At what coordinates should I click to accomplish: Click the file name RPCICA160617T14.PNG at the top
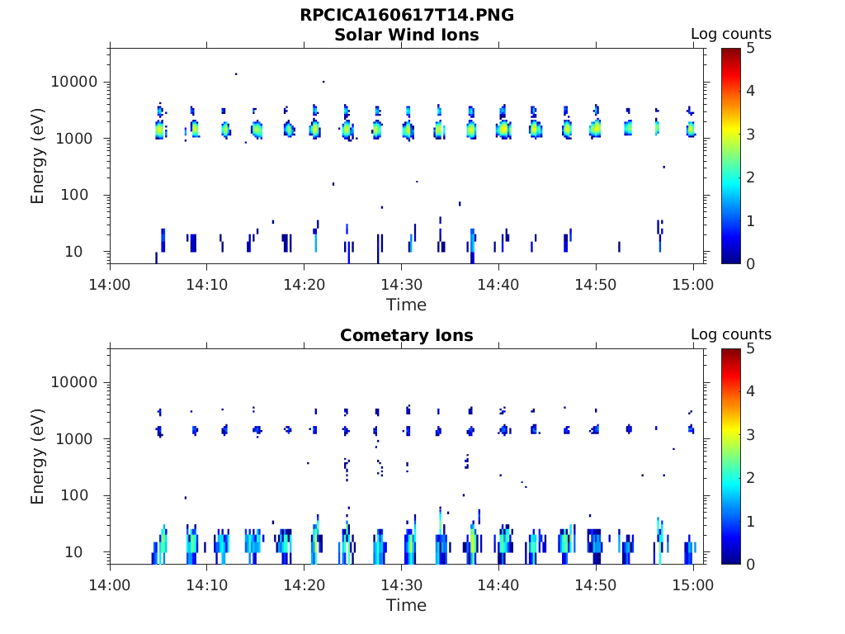click(x=407, y=16)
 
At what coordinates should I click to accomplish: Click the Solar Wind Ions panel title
click(x=407, y=35)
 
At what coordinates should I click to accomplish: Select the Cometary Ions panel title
click(x=407, y=335)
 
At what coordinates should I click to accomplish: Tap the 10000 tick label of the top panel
click(x=74, y=83)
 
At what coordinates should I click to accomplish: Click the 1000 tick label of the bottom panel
click(x=80, y=439)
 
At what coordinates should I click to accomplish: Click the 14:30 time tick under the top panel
click(x=401, y=285)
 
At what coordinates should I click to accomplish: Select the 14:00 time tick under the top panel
click(x=110, y=285)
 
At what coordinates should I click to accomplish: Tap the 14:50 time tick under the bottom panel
click(x=596, y=585)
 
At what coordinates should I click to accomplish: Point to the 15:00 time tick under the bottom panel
click(x=693, y=585)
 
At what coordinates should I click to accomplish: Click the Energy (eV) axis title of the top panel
click(x=38, y=156)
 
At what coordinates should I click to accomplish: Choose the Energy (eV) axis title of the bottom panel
click(x=38, y=457)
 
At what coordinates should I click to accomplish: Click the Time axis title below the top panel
click(x=407, y=305)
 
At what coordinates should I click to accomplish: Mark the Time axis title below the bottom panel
click(x=407, y=605)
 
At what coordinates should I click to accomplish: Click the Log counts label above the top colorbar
click(x=731, y=35)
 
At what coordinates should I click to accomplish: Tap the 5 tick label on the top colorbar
click(x=749, y=48)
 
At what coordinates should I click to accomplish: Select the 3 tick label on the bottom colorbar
click(x=749, y=435)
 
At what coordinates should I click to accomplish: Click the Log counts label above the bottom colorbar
click(x=731, y=335)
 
